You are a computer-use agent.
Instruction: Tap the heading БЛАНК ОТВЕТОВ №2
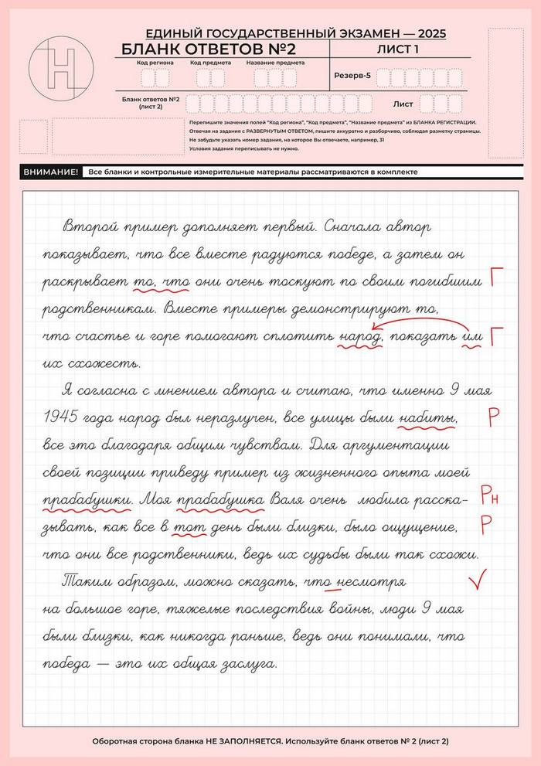[209, 50]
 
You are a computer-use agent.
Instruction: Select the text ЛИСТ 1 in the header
[398, 49]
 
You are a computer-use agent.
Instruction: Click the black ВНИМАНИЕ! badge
[51, 172]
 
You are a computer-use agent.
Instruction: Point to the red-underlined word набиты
[426, 418]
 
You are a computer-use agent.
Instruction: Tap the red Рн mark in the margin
[489, 495]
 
